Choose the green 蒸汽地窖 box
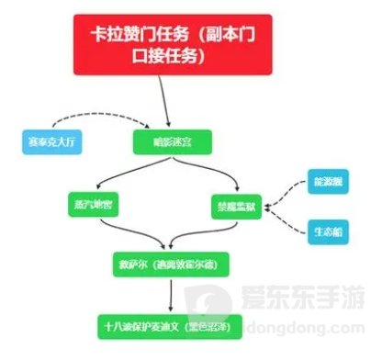coord(94,204)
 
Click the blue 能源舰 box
coord(327,182)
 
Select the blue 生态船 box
coord(327,230)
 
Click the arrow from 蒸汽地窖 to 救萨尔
coord(129,234)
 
